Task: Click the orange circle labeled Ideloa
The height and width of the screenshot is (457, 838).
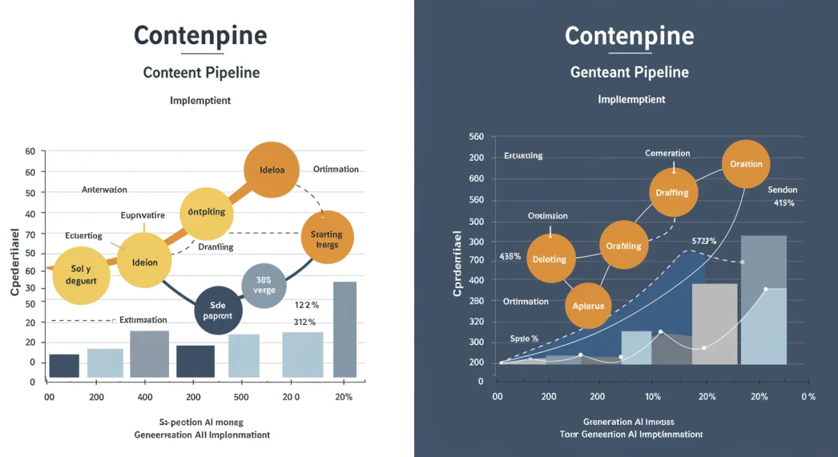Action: (x=270, y=170)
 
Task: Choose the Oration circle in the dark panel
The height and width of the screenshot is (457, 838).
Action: (x=747, y=165)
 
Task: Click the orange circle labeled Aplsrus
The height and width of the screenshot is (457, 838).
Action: (x=588, y=305)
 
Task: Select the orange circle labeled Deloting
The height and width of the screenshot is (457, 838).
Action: (x=550, y=259)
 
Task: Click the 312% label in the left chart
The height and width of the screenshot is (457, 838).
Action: (x=304, y=322)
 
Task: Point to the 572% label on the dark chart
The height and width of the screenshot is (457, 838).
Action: (x=705, y=241)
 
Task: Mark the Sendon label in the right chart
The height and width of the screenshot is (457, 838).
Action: (x=782, y=189)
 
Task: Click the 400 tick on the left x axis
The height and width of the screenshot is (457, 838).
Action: (x=145, y=397)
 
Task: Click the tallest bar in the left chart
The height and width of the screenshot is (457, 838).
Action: (x=345, y=329)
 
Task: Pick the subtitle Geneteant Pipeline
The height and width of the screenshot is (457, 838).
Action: (x=629, y=72)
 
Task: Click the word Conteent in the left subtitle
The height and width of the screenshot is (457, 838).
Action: (x=171, y=73)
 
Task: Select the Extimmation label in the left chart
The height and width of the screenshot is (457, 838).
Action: (x=143, y=319)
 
